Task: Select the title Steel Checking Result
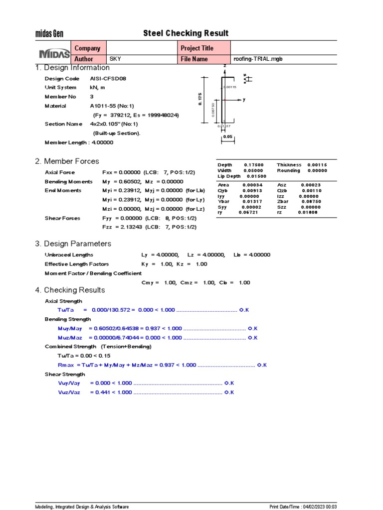tap(186, 33)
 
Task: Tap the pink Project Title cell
tap(204, 48)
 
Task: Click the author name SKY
tap(115, 59)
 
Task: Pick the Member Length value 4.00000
tap(102, 142)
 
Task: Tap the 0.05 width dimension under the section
tap(228, 136)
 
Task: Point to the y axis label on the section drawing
tap(244, 100)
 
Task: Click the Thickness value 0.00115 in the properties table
tap(317, 165)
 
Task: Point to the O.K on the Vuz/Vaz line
tap(229, 392)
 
